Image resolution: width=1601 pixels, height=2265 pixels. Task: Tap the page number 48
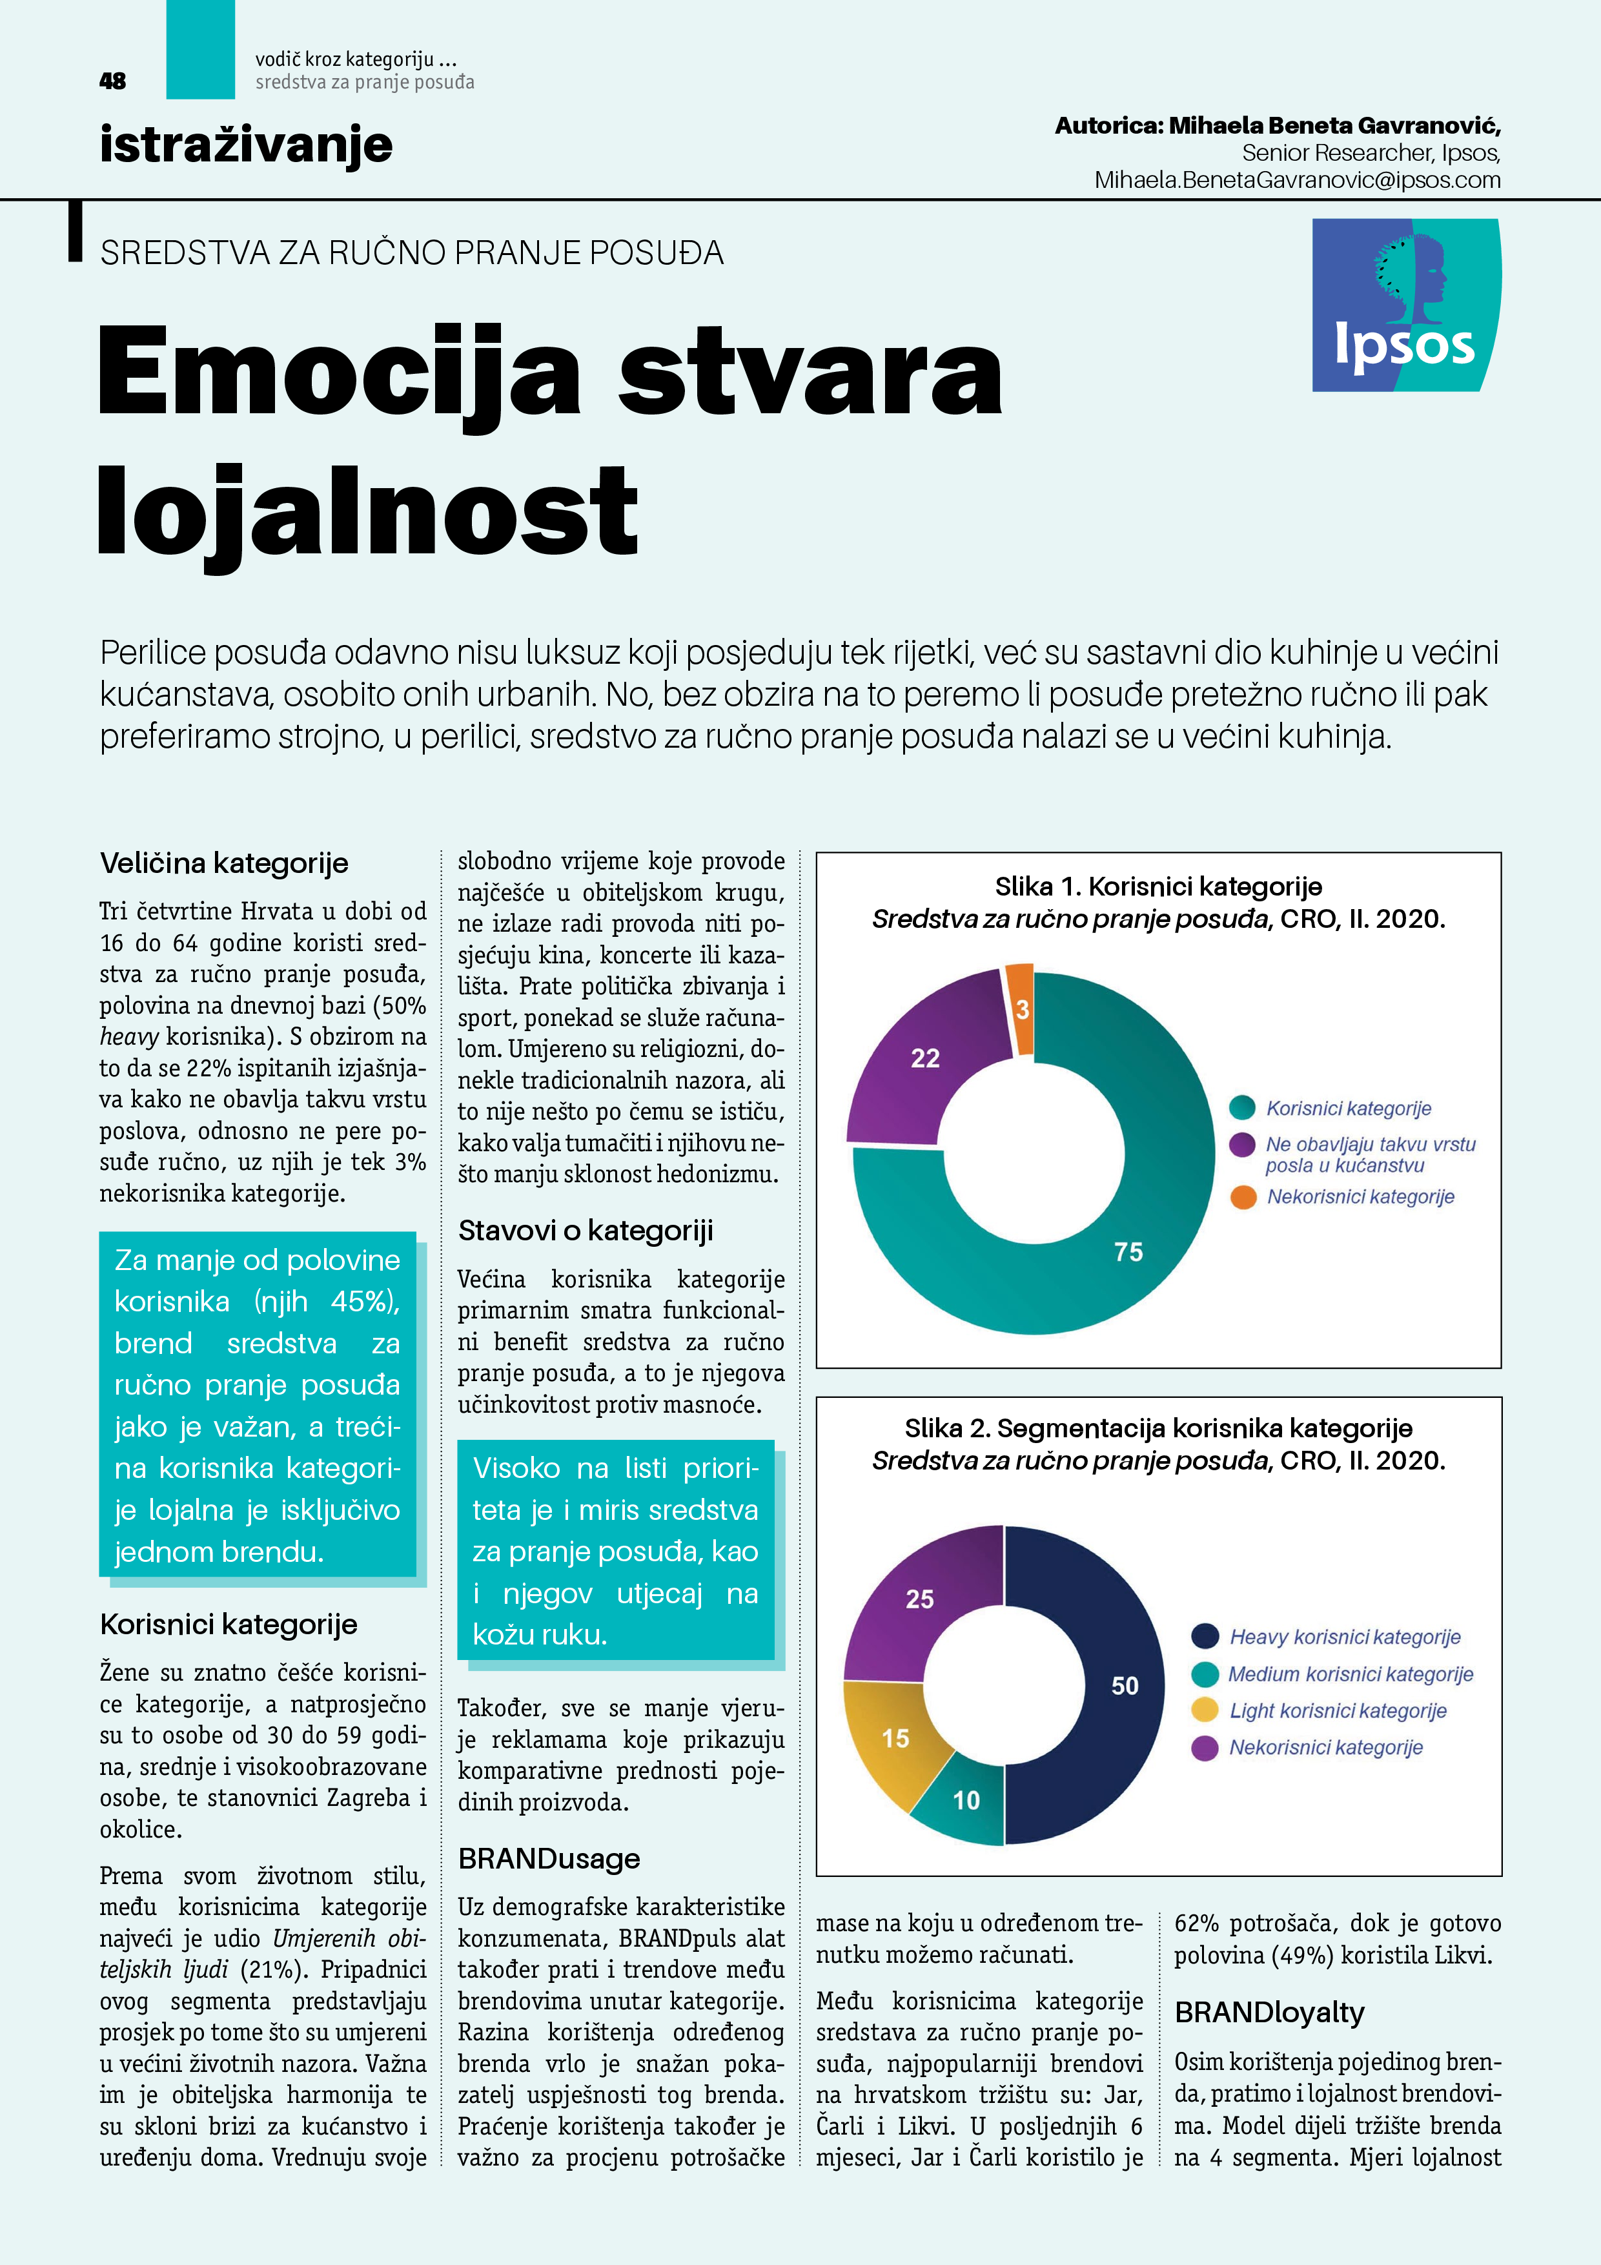click(x=112, y=81)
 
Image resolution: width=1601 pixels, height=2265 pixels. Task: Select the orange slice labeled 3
click(x=1021, y=1008)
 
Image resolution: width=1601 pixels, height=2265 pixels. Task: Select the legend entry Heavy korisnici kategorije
click(x=1343, y=1637)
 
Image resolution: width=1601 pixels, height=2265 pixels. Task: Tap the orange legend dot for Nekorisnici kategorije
click(x=1243, y=1196)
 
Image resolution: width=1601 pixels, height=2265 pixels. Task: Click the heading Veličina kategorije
click(x=224, y=863)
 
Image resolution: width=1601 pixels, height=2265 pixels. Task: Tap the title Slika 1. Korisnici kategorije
click(x=1158, y=886)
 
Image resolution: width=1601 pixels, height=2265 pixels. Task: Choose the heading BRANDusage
click(x=549, y=1859)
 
